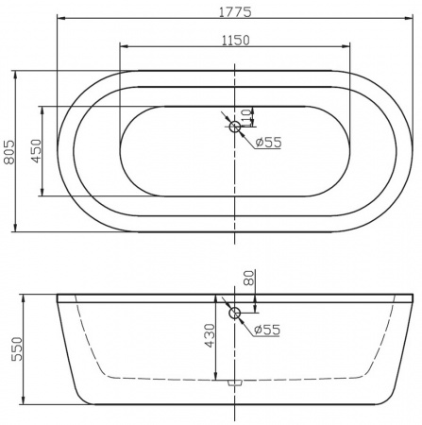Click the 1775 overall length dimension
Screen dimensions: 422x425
tap(235, 12)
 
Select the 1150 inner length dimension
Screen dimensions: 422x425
tap(236, 41)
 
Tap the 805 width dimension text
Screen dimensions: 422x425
tap(9, 152)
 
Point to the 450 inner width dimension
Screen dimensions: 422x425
tap(37, 151)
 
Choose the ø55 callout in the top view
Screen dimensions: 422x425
tap(268, 143)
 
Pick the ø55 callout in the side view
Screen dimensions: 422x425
tap(267, 330)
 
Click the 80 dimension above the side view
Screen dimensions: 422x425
tap(248, 278)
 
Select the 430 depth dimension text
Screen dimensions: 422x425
tap(210, 335)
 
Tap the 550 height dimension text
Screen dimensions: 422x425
tap(17, 348)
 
